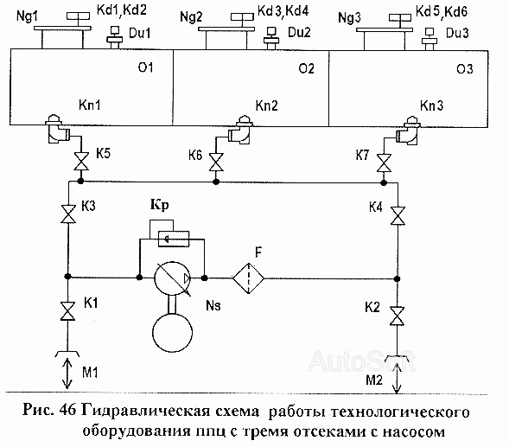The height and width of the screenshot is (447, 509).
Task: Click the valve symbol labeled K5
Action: tap(81, 161)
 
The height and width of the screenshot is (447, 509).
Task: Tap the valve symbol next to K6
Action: tap(216, 162)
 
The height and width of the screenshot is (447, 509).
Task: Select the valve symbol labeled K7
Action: tap(384, 163)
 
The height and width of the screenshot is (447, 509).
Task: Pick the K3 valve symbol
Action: tap(68, 214)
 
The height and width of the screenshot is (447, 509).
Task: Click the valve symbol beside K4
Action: tap(398, 215)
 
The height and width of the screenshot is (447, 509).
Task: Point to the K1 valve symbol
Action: tap(68, 311)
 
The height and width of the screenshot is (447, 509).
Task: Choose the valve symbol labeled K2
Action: tap(397, 316)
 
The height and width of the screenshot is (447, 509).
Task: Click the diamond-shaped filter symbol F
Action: tap(248, 278)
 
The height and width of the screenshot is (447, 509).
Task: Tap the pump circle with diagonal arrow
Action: tap(172, 278)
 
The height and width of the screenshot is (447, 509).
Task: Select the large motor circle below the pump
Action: tap(172, 333)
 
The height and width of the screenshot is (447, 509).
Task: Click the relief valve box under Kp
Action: tap(174, 239)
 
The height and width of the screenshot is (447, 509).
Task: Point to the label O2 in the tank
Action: tap(306, 68)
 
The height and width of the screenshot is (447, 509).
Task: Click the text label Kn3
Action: tap(431, 105)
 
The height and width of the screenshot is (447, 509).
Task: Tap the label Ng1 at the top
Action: tap(27, 16)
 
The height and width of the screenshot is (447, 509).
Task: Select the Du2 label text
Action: tap(299, 32)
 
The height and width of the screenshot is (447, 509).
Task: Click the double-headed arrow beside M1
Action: tap(67, 373)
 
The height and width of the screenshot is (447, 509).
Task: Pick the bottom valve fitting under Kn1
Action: tap(56, 129)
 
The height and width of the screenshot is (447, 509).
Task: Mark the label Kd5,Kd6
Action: tap(441, 12)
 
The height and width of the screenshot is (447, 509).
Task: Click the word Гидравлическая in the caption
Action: tap(170, 411)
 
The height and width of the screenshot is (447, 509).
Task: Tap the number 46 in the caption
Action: tap(67, 411)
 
